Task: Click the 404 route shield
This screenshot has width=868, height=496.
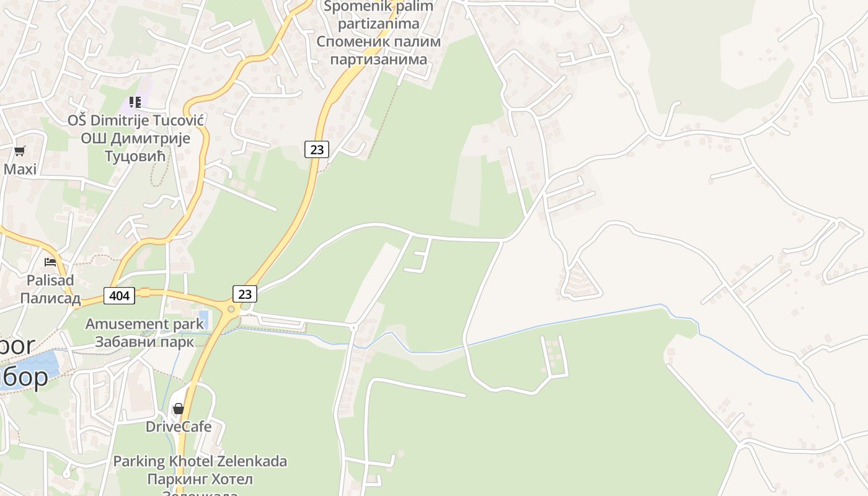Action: coord(118,296)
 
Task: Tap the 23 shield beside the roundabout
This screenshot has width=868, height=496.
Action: coord(245,294)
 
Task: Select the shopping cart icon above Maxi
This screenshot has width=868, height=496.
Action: coord(20,151)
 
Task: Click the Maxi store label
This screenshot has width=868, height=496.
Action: coord(20,169)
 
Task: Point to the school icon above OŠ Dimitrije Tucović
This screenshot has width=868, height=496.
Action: coord(135,102)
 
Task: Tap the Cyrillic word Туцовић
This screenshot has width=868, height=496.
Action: coord(135,157)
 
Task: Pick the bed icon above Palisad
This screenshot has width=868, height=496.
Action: coord(50,262)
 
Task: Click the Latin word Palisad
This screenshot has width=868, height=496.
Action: coord(50,280)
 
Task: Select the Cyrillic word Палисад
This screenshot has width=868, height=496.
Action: coord(50,298)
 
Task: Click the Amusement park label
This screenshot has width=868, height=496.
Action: coord(144,324)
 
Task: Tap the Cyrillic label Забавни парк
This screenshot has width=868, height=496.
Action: coord(144,342)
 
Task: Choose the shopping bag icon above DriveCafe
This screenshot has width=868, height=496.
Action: coord(179,409)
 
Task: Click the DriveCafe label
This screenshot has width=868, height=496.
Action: coord(179,427)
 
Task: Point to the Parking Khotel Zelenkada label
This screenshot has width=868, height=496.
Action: coord(200,461)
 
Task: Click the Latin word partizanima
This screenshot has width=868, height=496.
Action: coord(379,24)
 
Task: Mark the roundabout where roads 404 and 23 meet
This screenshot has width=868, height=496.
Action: coord(231,309)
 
